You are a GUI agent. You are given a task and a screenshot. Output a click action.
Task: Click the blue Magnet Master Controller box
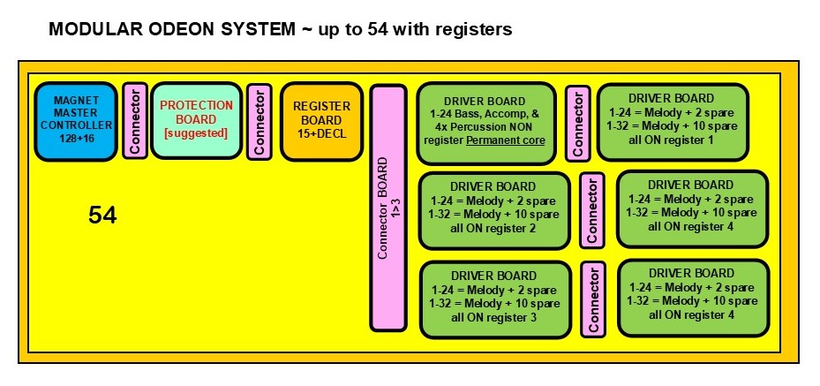click(x=76, y=121)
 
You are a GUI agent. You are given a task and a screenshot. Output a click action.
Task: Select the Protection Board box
click(x=196, y=120)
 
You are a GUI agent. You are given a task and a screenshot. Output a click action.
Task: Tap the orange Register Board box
click(x=321, y=120)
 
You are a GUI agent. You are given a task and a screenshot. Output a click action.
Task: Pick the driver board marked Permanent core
click(x=485, y=123)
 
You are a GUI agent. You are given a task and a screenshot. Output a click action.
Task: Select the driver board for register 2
click(x=493, y=209)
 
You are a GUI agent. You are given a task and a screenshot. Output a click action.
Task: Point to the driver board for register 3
click(x=493, y=299)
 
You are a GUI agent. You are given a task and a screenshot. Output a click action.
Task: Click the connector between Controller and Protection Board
click(x=134, y=121)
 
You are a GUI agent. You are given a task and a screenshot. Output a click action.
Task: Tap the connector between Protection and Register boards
click(x=259, y=121)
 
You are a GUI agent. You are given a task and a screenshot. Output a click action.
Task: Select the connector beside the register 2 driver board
click(x=591, y=210)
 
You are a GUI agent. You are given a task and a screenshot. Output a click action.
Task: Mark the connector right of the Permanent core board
click(x=577, y=123)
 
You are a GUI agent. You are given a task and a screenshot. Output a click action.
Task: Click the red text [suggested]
click(x=196, y=133)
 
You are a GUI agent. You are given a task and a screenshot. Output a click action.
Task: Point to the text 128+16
click(x=76, y=139)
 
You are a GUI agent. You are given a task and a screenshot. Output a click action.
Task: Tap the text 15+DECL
click(x=321, y=133)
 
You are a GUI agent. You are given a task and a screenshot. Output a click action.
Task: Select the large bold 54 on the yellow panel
click(x=102, y=216)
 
